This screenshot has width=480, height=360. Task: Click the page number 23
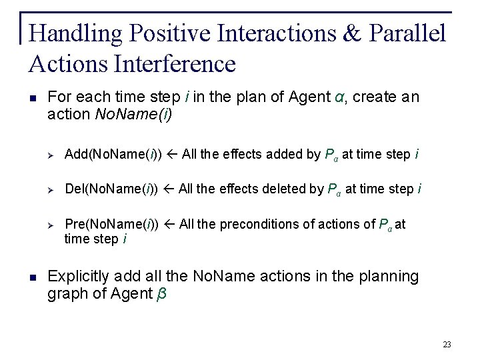tap(447, 345)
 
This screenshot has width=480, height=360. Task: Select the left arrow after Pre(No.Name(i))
tap(169, 225)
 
